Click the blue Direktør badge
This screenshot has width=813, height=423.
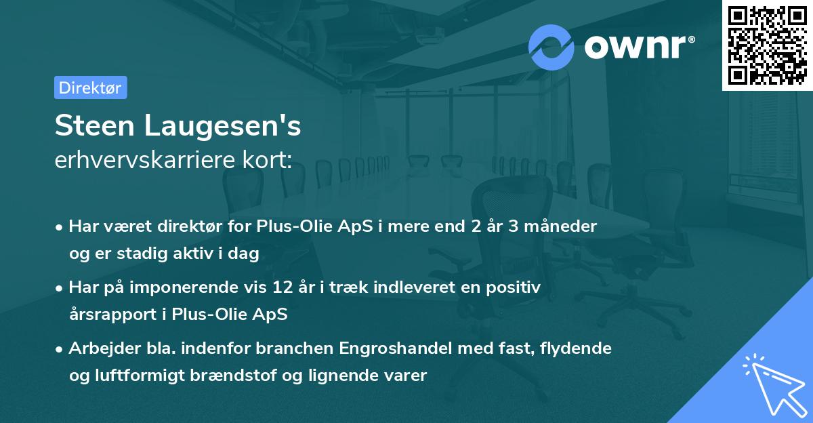[x=90, y=87]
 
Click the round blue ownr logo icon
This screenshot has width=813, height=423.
[x=551, y=46]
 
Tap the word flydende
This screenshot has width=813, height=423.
[x=578, y=348]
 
